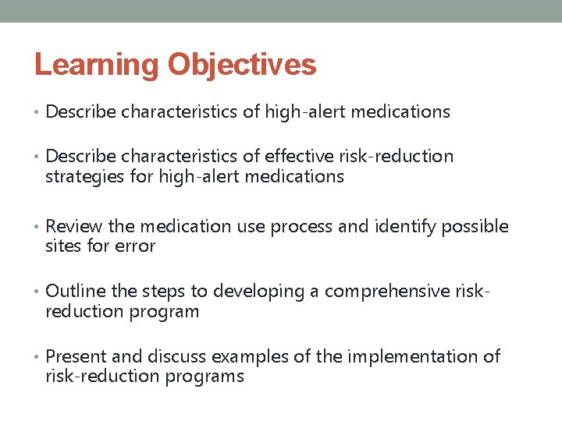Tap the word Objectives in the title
[242, 65]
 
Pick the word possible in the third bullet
[475, 227]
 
